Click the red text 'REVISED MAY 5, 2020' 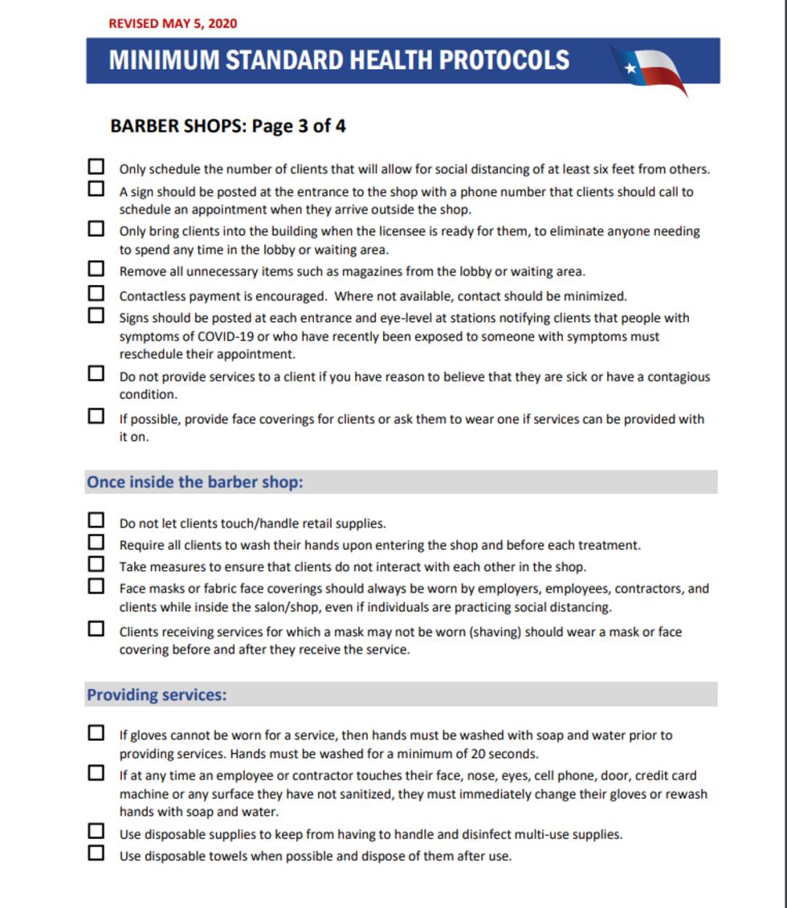pos(173,23)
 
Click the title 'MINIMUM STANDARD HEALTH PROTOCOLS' pos(339,60)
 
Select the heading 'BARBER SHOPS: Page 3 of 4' pos(228,126)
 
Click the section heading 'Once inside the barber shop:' pos(194,483)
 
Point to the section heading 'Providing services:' pos(157,694)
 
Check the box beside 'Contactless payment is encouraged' pos(96,293)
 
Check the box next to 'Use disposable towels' pos(96,853)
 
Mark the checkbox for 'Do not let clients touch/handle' pos(96,520)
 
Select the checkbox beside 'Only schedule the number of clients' pos(96,166)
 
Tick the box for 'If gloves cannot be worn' pos(96,732)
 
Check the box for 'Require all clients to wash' pos(96,542)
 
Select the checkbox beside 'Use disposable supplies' pos(96,831)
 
